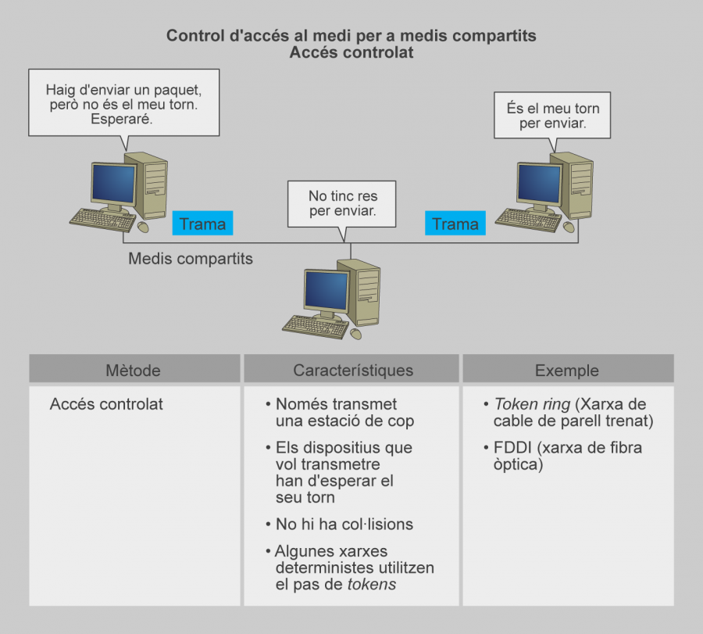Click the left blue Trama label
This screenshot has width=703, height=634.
click(x=202, y=224)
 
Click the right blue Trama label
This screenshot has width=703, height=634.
click(x=455, y=224)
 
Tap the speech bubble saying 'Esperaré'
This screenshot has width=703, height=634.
click(x=123, y=105)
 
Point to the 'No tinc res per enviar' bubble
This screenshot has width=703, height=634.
click(x=342, y=203)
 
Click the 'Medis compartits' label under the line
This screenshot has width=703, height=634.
click(x=191, y=258)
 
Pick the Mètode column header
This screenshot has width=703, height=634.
click(x=133, y=370)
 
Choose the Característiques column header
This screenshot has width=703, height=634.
click(x=353, y=370)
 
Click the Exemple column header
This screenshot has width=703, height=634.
click(x=567, y=370)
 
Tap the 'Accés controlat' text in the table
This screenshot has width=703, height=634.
click(x=106, y=405)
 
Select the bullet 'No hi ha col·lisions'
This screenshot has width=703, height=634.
click(x=344, y=524)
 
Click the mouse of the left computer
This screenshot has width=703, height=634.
click(x=143, y=227)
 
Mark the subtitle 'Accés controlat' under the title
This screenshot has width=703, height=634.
click(x=351, y=53)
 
